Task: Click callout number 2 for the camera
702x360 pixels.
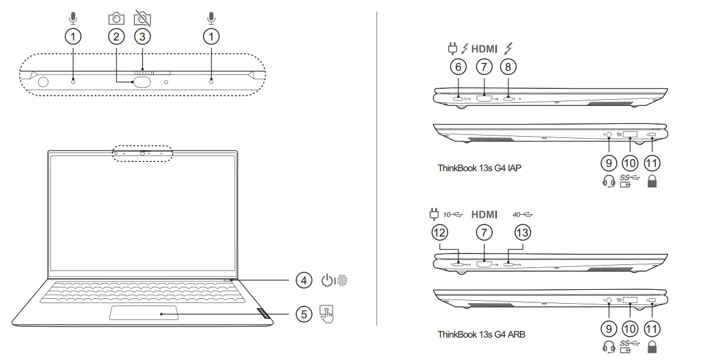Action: point(116,36)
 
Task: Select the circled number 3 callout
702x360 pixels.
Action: point(142,36)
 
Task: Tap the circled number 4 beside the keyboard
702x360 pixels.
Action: point(304,280)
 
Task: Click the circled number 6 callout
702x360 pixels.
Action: point(458,67)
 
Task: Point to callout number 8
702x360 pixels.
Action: point(509,67)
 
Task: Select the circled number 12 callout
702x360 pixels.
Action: point(440,232)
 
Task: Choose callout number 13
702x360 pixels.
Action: point(522,232)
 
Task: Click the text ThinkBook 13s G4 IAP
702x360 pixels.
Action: point(479,168)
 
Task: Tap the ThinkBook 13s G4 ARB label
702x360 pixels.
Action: point(481,333)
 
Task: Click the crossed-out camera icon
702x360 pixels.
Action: point(142,19)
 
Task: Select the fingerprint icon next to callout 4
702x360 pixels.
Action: point(342,281)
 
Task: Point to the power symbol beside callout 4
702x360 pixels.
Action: point(327,281)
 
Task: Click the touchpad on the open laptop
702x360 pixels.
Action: point(144,313)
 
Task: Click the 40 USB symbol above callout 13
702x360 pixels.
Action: point(523,214)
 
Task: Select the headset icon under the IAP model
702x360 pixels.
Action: point(609,181)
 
